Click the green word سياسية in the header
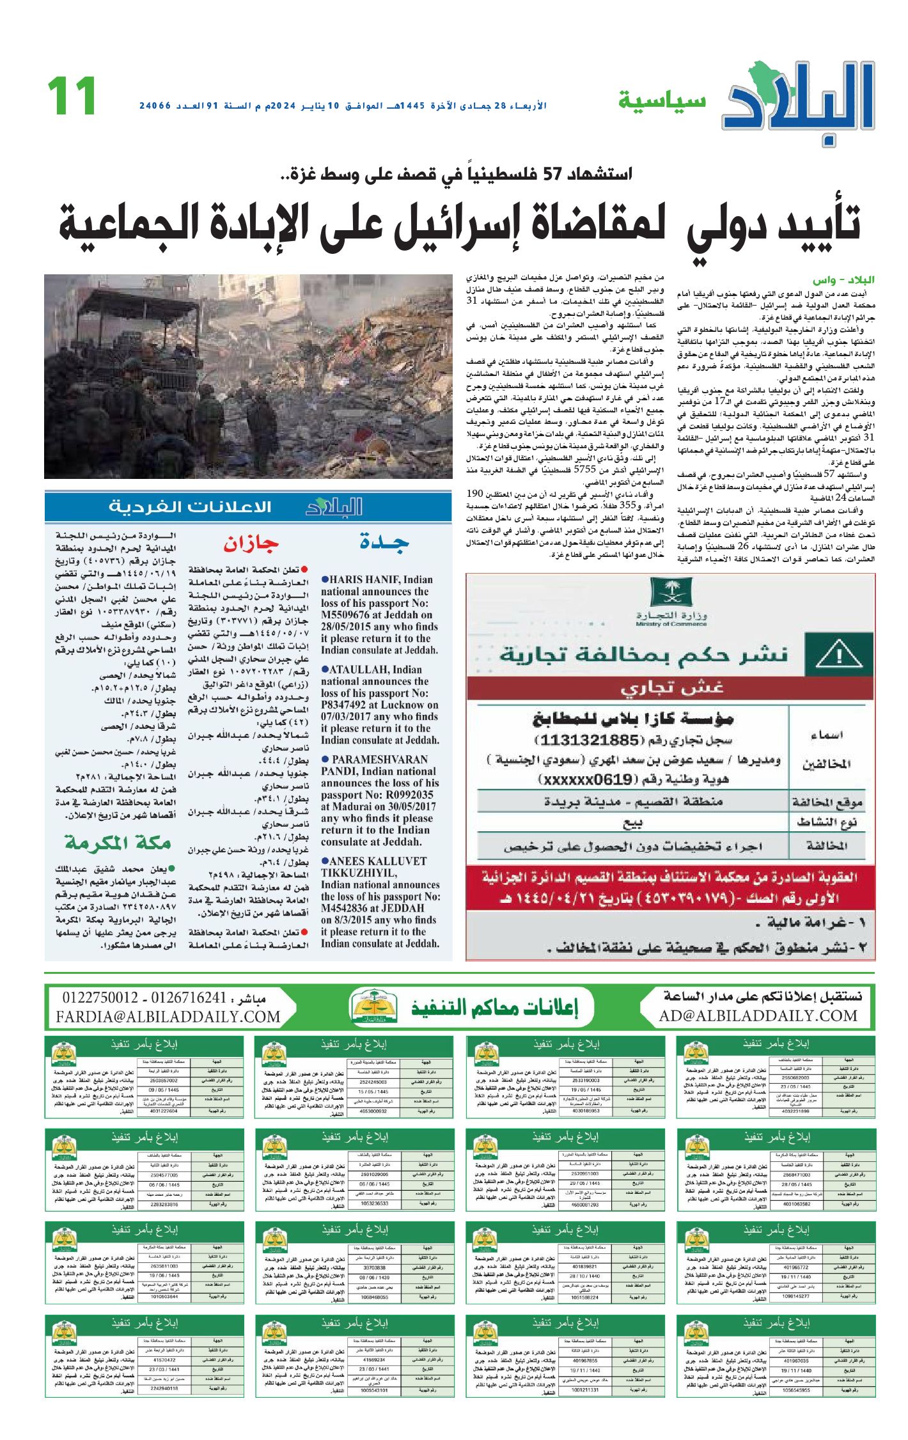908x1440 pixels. click(x=662, y=100)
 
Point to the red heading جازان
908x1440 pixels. click(x=251, y=544)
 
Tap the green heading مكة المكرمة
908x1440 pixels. click(x=118, y=843)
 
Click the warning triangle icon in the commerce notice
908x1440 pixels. click(x=839, y=655)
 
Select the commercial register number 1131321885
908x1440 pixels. click(x=589, y=740)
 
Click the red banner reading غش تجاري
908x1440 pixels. click(x=671, y=689)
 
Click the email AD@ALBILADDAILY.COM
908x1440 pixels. click(x=758, y=1016)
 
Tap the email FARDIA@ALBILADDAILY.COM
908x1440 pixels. click(x=168, y=1017)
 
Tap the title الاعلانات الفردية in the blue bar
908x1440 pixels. click(x=190, y=507)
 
